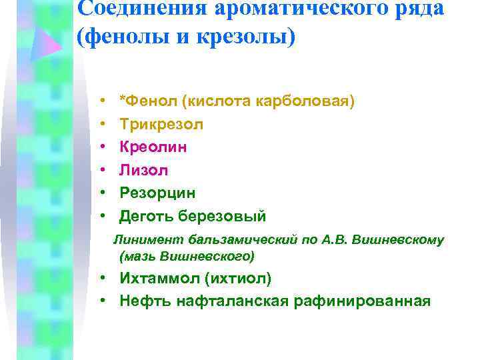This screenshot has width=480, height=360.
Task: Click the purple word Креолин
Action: (x=153, y=147)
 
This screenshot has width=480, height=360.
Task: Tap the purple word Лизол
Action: (x=144, y=170)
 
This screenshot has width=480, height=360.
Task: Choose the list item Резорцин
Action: (x=158, y=193)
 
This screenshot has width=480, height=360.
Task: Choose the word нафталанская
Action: (x=233, y=301)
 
